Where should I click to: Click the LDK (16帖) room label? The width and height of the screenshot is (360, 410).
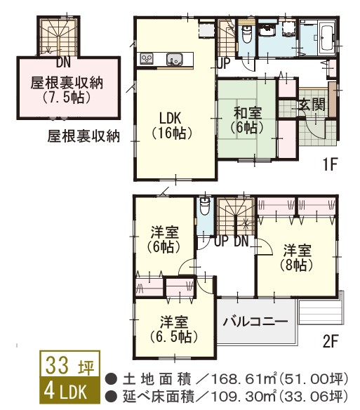click(x=172, y=123)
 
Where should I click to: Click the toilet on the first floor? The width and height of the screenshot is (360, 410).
click(x=246, y=34)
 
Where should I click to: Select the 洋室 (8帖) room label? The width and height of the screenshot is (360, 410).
click(x=297, y=256)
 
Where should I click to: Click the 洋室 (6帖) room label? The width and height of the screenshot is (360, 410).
click(x=165, y=239)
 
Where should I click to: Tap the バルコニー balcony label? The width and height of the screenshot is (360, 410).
click(x=255, y=322)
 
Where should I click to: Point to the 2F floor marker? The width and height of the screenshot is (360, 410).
click(x=331, y=344)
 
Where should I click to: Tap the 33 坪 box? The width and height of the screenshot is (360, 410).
click(x=69, y=366)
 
